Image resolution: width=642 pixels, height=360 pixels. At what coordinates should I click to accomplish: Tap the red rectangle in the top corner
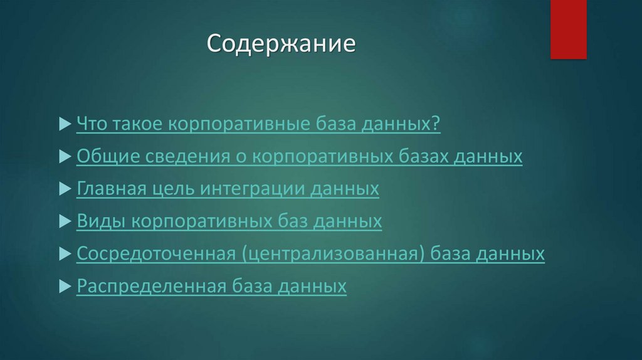[x=568, y=29]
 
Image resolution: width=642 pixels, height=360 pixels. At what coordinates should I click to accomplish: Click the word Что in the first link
[x=92, y=124]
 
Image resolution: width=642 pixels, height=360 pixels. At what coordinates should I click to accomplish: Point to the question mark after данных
[x=436, y=124]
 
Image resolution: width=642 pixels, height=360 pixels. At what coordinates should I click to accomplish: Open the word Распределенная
[x=150, y=287]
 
